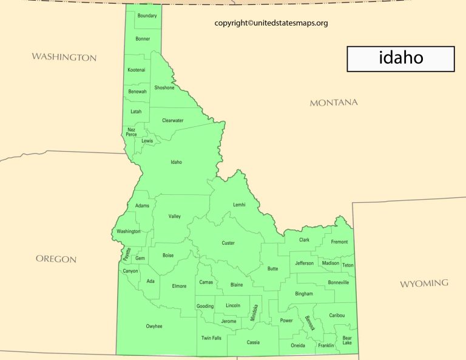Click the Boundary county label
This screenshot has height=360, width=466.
pos(147,16)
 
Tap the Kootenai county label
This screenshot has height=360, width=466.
pos(137,70)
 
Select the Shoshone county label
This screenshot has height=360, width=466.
pos(164,88)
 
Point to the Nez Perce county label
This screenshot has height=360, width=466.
pos(131,132)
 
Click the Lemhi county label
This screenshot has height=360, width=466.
pos(239,205)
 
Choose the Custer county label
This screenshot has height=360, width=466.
pos(228,243)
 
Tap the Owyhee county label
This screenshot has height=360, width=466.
pos(154,327)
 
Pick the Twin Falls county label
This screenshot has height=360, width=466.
pos(211,338)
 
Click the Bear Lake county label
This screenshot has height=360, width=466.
pos(346,340)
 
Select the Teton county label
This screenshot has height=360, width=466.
pos(348,265)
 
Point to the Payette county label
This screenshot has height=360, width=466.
pos(127,254)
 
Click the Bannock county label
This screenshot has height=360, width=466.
pos(310,322)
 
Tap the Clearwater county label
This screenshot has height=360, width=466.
pos(172,120)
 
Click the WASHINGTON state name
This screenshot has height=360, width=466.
pos(64,57)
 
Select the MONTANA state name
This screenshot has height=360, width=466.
pos(334,103)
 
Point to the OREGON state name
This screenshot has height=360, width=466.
pos(56,259)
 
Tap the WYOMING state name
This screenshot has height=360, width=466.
pos(424,284)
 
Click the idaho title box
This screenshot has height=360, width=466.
pos(400,59)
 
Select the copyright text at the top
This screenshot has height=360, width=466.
pos(271,23)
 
